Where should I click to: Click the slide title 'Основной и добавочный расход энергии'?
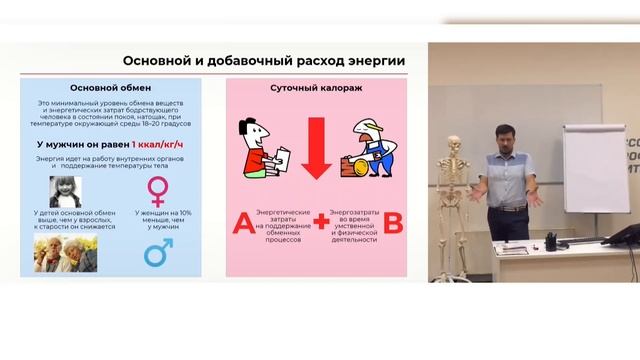tap(263, 61)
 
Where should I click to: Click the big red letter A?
tap(242, 223)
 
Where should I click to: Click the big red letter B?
tap(393, 223)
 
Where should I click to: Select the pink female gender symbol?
tap(158, 191)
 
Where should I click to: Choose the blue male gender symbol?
tap(158, 252)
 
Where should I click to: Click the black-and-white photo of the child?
tap(66, 189)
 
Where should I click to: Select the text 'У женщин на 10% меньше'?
tap(159, 220)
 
